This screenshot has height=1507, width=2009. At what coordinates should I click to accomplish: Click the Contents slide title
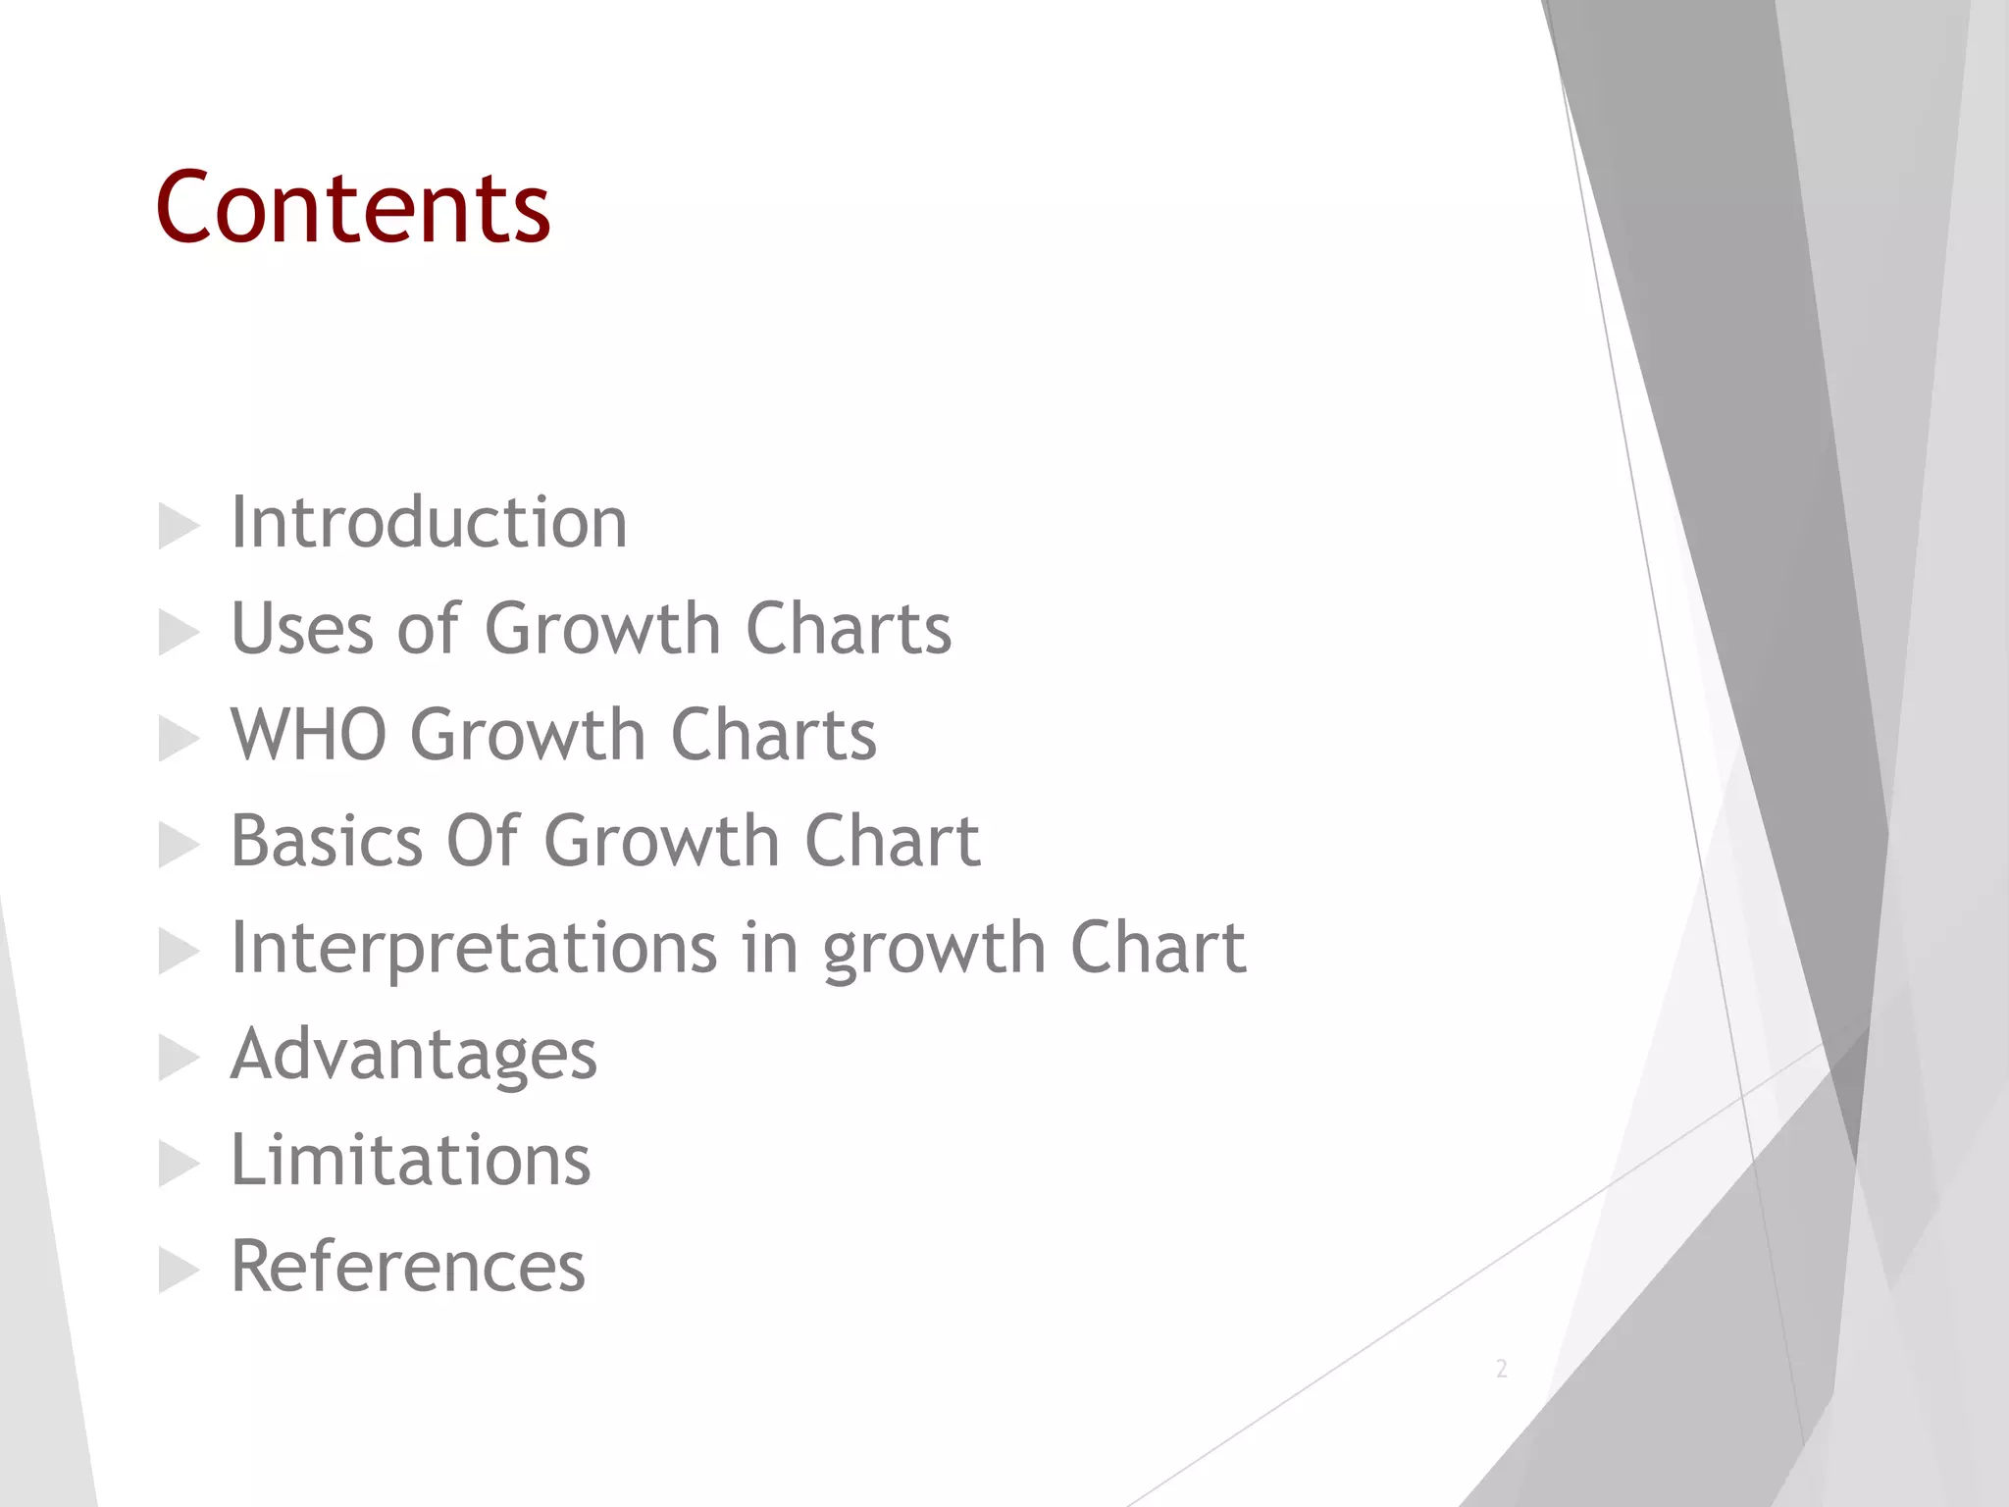(352, 208)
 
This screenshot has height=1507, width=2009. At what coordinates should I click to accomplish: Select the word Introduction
(429, 522)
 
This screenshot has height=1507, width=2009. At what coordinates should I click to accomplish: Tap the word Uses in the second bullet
(301, 628)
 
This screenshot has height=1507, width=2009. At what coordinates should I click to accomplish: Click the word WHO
(308, 734)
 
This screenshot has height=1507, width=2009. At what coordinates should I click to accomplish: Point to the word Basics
(326, 841)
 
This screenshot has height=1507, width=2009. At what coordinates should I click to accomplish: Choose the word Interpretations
(474, 948)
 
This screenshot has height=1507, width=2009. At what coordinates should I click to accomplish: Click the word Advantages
(413, 1055)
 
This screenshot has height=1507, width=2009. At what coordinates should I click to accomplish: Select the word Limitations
(410, 1161)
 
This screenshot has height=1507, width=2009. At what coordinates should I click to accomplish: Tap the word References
(407, 1267)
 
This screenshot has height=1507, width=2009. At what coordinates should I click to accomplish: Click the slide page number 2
(1501, 1369)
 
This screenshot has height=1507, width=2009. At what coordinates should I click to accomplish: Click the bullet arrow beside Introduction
(179, 527)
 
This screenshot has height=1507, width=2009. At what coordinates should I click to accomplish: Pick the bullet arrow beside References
(179, 1272)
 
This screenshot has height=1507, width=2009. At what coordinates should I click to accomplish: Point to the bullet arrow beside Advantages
(179, 1059)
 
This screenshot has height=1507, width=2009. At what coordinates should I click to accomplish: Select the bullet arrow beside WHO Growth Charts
(179, 739)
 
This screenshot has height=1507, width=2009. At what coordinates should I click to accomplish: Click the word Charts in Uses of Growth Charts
(849, 628)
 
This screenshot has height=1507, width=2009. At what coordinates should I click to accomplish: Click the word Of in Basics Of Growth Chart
(482, 841)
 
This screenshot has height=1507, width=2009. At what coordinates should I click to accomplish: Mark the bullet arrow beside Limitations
(179, 1165)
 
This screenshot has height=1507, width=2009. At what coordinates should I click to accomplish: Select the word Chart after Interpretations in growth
(1158, 948)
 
